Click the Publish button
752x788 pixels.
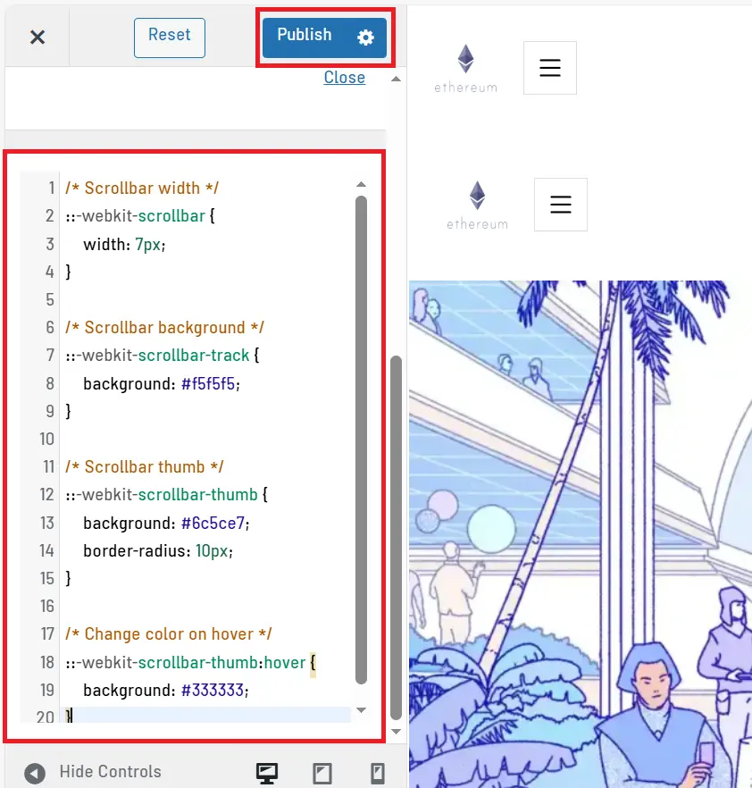(305, 36)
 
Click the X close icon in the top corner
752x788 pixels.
(37, 37)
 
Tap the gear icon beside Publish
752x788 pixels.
(365, 37)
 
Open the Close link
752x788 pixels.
(344, 78)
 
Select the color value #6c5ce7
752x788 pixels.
(214, 523)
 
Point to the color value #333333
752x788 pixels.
(213, 690)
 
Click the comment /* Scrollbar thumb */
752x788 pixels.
(145, 467)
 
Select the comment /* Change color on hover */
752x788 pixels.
(169, 634)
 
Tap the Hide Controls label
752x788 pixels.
(110, 772)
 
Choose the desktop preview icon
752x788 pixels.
(266, 773)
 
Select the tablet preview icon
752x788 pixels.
(322, 773)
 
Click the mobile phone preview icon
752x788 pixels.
(377, 773)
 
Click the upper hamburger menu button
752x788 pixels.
(549, 68)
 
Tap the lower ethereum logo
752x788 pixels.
(477, 205)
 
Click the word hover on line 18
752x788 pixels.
(286, 662)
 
